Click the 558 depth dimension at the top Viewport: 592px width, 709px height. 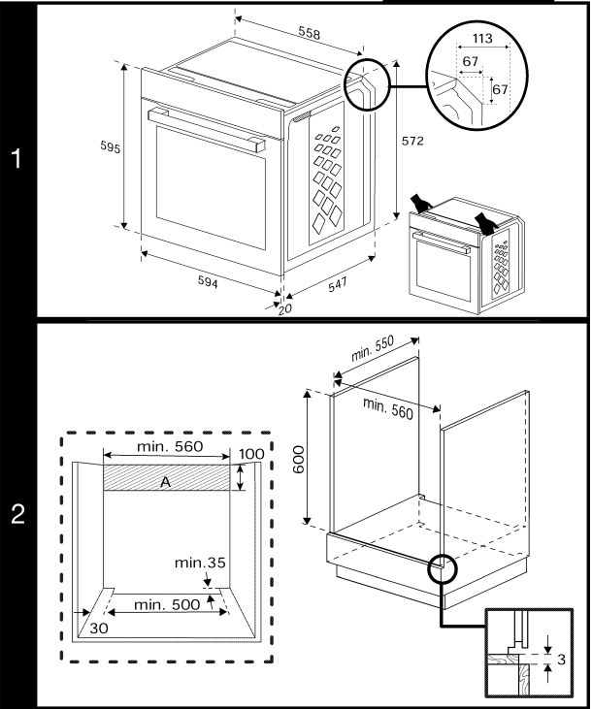pyautogui.click(x=309, y=33)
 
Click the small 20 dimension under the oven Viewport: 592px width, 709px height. pyautogui.click(x=284, y=308)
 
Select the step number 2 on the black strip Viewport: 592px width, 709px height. pyautogui.click(x=17, y=516)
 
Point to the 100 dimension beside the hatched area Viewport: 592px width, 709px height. pyautogui.click(x=251, y=454)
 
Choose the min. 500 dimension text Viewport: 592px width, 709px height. pyautogui.click(x=167, y=604)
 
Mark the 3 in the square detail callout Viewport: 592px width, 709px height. pyautogui.click(x=564, y=659)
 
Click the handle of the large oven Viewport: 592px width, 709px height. pyautogui.click(x=206, y=129)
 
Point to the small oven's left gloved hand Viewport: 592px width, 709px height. pyautogui.click(x=420, y=202)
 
